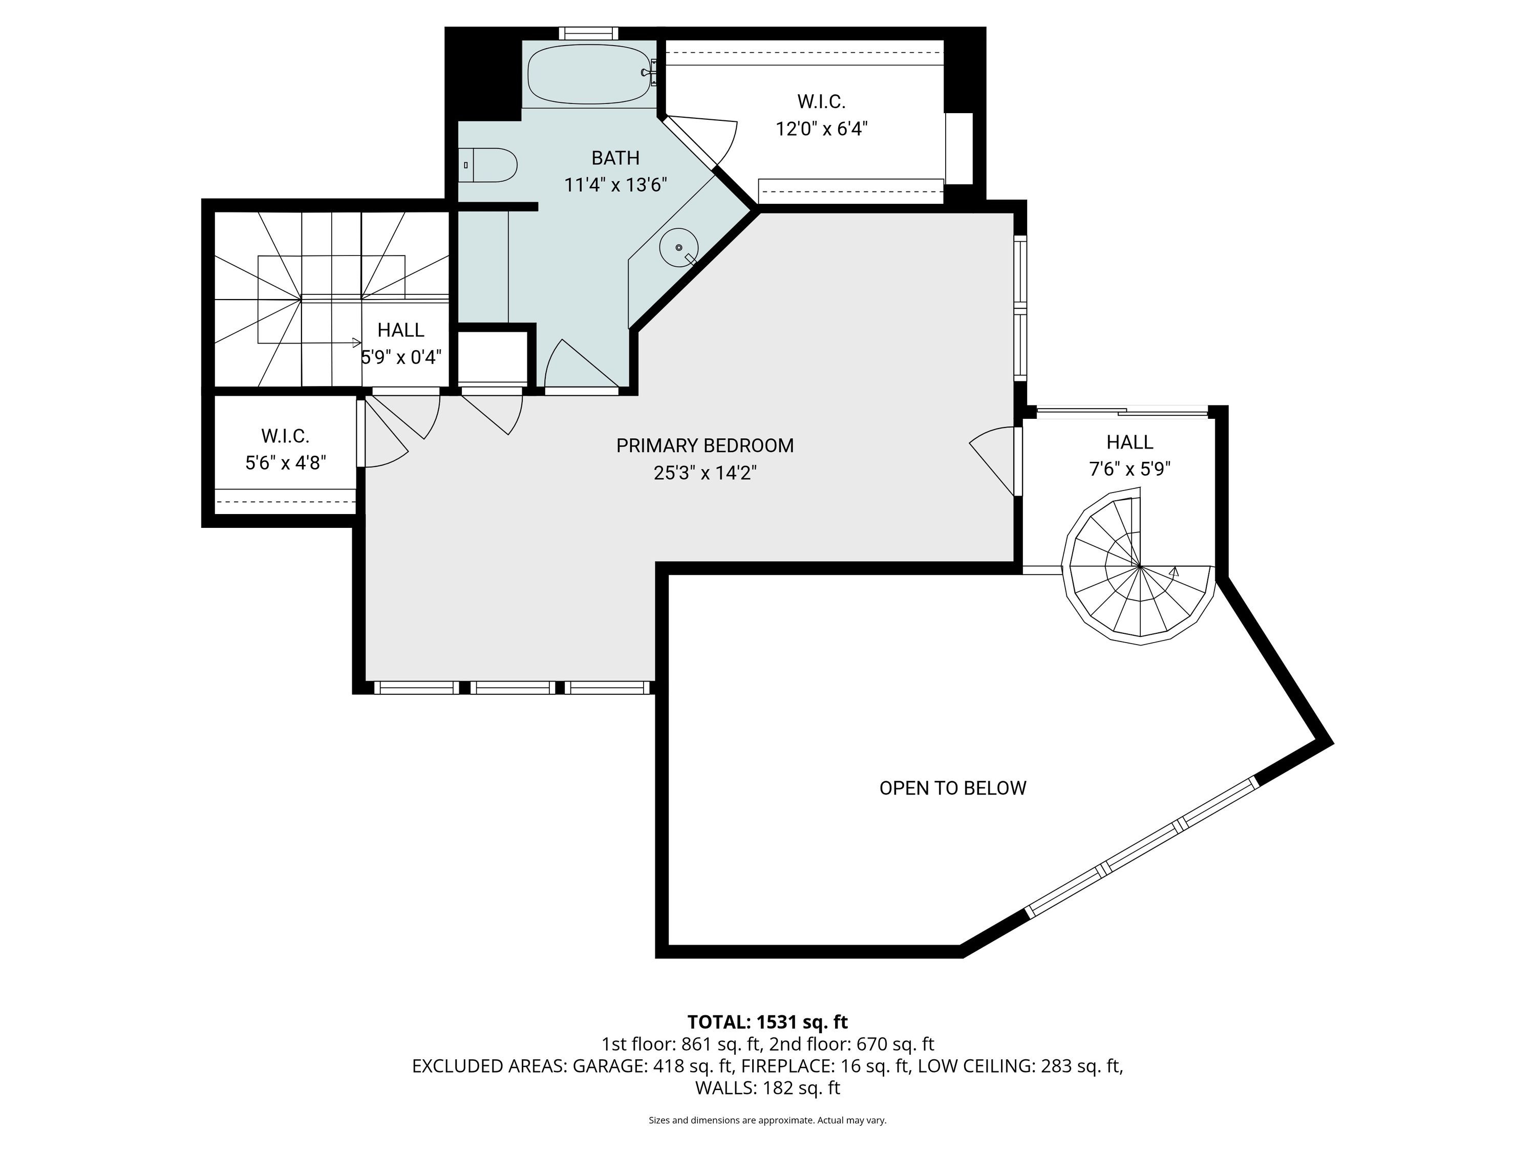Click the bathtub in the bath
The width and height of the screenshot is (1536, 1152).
(x=590, y=74)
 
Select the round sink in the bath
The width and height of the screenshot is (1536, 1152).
(x=679, y=247)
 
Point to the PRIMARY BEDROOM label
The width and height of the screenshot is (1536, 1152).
(x=705, y=446)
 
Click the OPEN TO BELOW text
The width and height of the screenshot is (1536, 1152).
(x=953, y=788)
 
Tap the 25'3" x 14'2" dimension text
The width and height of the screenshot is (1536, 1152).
(x=705, y=474)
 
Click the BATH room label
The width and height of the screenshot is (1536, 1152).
(x=615, y=158)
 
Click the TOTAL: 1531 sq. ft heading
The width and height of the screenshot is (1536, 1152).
(x=767, y=1022)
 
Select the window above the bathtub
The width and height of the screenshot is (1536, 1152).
(x=589, y=33)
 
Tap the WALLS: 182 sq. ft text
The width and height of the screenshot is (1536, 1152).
(x=767, y=1088)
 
